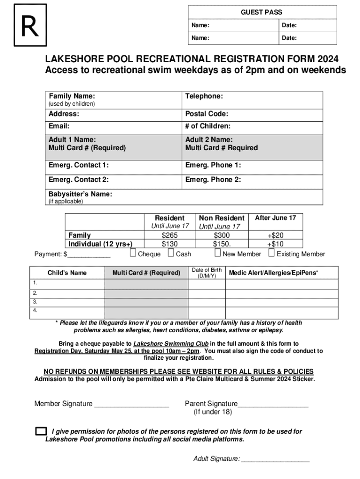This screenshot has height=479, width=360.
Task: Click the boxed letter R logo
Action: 30,25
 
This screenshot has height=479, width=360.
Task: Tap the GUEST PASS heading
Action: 261,12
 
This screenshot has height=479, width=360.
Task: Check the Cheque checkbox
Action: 133,254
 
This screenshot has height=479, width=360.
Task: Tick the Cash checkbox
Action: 171,254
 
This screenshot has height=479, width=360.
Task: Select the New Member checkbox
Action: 217,254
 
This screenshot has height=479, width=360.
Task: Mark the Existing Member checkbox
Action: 272,254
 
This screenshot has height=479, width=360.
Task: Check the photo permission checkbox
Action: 41,431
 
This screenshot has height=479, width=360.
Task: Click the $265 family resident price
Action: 170,235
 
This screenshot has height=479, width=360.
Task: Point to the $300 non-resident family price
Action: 222,235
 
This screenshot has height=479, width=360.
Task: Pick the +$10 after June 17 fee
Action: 275,244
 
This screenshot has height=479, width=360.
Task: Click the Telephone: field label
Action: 204,96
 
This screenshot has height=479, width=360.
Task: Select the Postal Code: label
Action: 207,114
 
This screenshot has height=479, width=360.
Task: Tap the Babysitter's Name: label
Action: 80,194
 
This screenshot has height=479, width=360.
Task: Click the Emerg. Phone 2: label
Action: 213,179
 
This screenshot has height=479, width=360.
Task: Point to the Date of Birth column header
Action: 207,273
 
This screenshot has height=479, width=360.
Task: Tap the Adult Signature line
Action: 275,459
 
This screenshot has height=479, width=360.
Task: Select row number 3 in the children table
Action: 35,302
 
